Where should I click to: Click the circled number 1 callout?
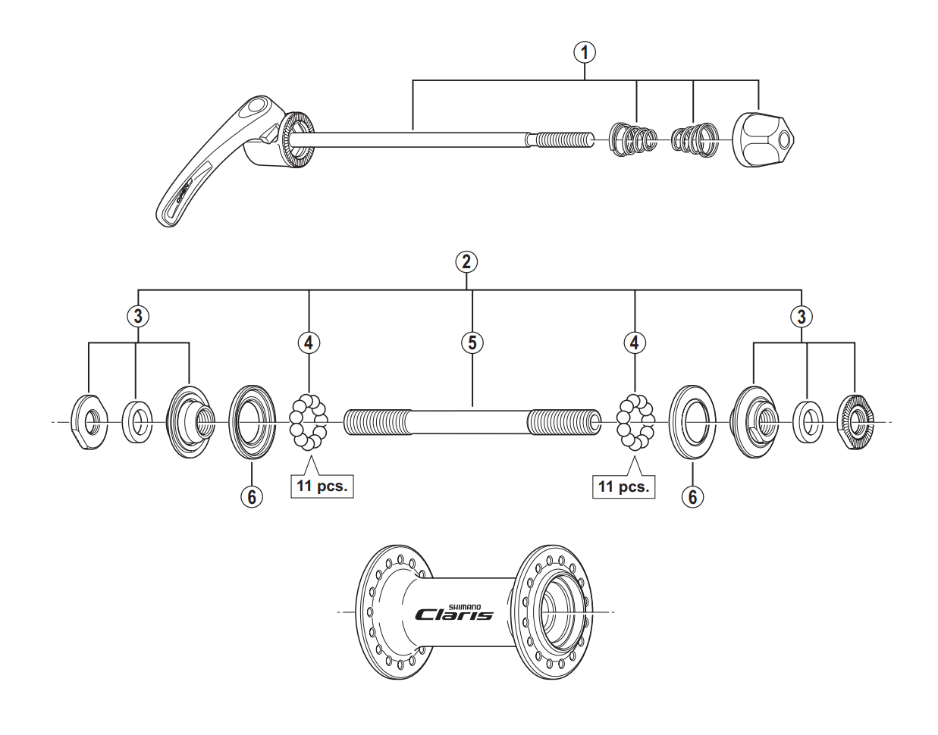tap(583, 52)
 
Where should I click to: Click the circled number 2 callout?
tap(466, 262)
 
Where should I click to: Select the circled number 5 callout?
tap(472, 342)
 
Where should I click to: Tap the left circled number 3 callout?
tap(137, 317)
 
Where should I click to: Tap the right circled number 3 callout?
tap(802, 317)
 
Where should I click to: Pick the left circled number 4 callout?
tap(309, 342)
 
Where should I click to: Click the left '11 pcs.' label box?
tap(322, 486)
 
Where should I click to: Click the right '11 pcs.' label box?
tap(623, 486)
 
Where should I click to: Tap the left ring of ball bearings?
tap(309, 421)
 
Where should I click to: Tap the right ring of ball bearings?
tap(635, 421)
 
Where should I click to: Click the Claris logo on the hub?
tap(453, 615)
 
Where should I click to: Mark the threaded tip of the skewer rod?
tap(564, 139)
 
